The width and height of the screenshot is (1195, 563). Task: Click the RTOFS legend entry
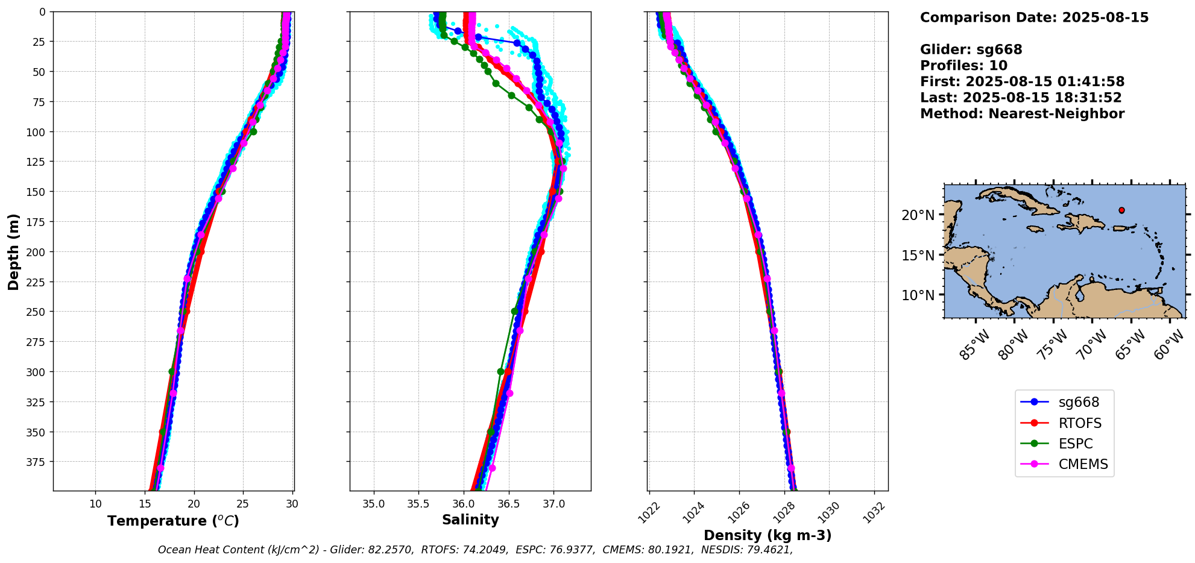(x=1079, y=423)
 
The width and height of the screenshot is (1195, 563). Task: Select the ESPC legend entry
(x=1075, y=444)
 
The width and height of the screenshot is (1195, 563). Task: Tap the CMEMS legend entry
(x=1083, y=464)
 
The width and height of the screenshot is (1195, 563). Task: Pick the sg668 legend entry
(x=1079, y=402)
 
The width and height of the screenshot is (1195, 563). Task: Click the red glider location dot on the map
(x=1121, y=210)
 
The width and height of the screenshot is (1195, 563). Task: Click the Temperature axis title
(x=173, y=521)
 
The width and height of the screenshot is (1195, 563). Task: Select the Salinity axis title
(x=470, y=520)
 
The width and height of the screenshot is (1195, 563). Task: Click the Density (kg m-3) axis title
(x=768, y=535)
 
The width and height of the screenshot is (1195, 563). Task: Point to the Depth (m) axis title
(x=13, y=251)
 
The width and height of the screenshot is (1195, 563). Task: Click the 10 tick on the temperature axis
(x=96, y=504)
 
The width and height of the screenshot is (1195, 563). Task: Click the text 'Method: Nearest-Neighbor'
(x=1022, y=114)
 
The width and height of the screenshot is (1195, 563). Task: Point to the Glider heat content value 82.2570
(x=391, y=550)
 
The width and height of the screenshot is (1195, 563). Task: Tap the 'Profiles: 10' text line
(x=963, y=66)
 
